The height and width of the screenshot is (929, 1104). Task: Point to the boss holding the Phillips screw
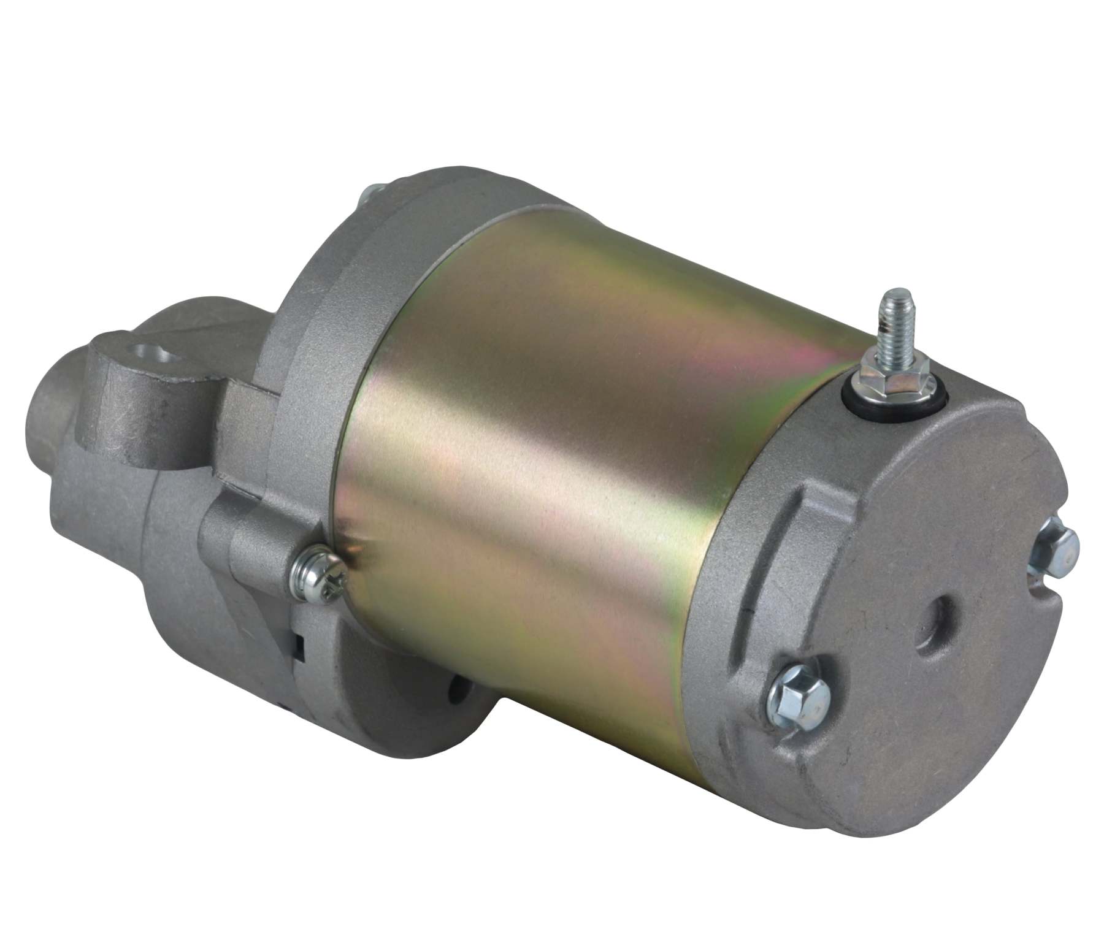tap(258, 552)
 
